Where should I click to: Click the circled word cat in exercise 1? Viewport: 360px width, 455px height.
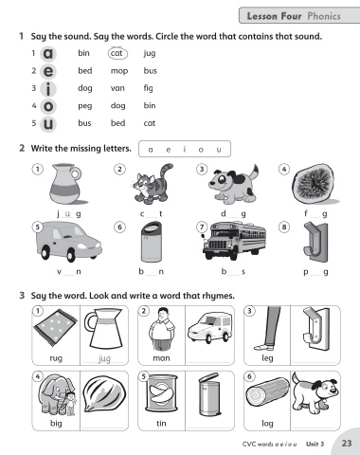(117, 53)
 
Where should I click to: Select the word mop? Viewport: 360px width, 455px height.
(119, 71)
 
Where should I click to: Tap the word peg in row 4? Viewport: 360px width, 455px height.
(85, 106)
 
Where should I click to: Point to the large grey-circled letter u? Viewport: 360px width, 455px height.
(48, 123)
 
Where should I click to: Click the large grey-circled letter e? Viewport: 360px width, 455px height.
(48, 71)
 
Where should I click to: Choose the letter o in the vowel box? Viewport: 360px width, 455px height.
(201, 150)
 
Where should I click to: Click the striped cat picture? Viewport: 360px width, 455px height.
(152, 184)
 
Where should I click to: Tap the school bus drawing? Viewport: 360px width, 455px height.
(234, 241)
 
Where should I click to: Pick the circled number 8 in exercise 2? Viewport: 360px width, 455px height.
(284, 227)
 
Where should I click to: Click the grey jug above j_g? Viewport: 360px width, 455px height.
(66, 184)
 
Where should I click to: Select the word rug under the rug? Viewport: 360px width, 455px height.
(56, 358)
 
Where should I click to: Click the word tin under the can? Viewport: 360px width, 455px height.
(161, 423)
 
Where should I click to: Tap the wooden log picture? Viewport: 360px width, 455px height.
(267, 391)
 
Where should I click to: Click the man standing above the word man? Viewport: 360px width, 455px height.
(162, 329)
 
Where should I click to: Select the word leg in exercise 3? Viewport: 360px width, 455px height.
(267, 358)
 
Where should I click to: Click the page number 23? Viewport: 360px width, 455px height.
(347, 444)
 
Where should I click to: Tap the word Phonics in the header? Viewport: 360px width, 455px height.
(324, 16)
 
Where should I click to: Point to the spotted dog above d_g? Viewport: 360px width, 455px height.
(233, 184)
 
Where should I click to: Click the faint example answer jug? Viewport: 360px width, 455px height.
(104, 358)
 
